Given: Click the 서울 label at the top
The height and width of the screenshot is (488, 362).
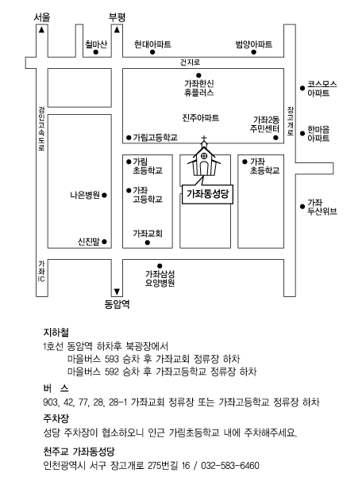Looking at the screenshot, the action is click(x=42, y=17).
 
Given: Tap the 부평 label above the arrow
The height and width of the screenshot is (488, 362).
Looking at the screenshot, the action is click(x=117, y=17).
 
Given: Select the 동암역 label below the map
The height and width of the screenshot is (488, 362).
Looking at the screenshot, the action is click(x=117, y=304).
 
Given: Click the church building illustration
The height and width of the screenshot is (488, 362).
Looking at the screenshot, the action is click(x=203, y=158).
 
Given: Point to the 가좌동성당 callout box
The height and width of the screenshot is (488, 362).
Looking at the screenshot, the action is click(x=207, y=194).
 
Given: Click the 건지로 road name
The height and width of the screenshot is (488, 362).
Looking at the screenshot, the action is click(x=190, y=63).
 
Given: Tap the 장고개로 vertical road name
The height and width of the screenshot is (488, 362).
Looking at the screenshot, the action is click(x=291, y=120).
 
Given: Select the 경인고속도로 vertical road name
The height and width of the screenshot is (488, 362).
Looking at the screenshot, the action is click(x=41, y=128).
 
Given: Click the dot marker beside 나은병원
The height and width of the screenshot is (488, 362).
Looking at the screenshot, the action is click(x=105, y=195).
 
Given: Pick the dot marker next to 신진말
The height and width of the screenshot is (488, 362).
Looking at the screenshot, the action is click(x=105, y=242).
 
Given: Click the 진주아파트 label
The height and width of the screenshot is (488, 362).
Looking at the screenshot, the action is click(x=201, y=117).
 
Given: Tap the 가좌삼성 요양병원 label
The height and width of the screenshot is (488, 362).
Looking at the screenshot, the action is click(x=160, y=278).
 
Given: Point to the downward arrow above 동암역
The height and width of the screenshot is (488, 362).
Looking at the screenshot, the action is click(x=117, y=292).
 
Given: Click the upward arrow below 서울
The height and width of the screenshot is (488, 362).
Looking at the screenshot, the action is click(x=41, y=30).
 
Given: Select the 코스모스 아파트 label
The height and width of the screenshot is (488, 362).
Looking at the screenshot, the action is click(x=322, y=89).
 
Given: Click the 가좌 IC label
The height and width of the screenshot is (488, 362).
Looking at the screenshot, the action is click(x=41, y=272).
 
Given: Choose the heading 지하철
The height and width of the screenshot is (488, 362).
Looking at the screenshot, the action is click(x=56, y=333).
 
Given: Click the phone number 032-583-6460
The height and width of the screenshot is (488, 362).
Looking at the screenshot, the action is click(x=230, y=466).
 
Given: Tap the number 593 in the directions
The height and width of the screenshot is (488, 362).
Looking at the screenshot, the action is click(x=112, y=359).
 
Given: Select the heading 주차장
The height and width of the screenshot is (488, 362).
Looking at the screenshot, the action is click(x=56, y=418).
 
